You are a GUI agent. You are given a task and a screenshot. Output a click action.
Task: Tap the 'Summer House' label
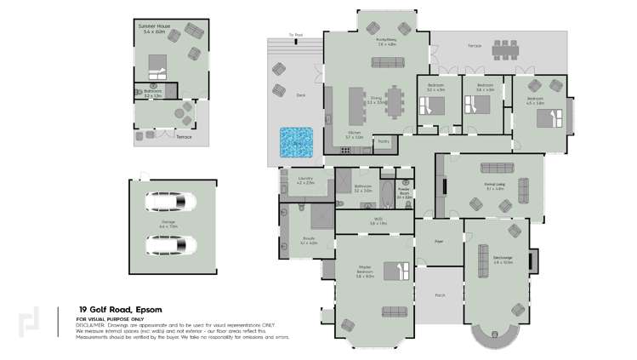(154, 26)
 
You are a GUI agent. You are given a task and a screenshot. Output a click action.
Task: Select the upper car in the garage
(169, 203)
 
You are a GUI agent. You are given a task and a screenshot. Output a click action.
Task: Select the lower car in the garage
(169, 246)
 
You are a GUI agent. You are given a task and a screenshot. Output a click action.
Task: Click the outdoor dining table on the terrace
(505, 51)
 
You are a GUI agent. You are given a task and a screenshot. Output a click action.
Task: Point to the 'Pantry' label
(384, 141)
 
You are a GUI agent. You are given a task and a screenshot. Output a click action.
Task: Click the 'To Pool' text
(295, 36)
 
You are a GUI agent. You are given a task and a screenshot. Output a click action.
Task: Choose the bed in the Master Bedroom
(395, 271)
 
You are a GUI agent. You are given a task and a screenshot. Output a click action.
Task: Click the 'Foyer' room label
(439, 241)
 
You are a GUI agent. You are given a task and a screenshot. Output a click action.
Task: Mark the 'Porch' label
(439, 296)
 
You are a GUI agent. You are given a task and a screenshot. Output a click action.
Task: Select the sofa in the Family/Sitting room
(387, 61)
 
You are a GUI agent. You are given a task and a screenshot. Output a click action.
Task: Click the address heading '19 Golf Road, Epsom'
(120, 310)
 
